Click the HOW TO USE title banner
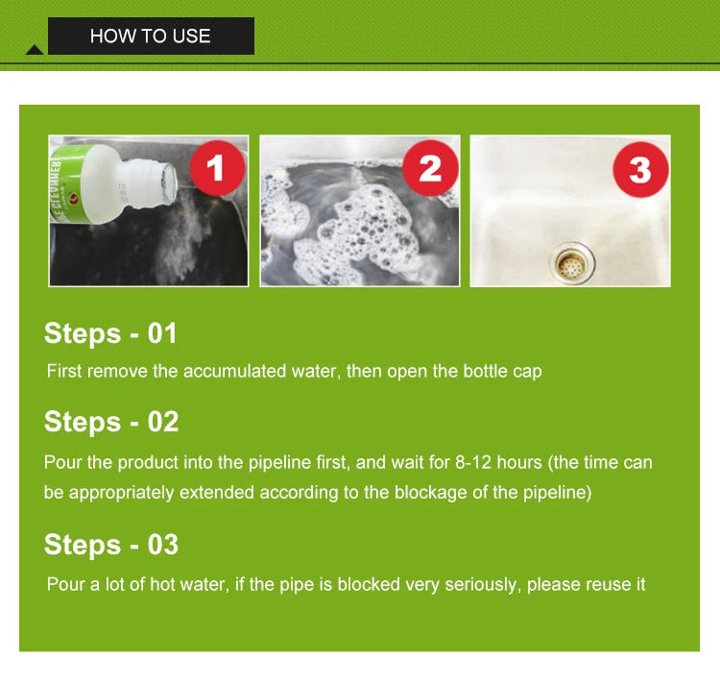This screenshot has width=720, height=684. (151, 36)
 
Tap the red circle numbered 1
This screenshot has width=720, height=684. (217, 168)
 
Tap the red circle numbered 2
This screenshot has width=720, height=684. (430, 168)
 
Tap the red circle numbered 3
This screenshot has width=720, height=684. (640, 169)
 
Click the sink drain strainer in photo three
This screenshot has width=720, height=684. (572, 263)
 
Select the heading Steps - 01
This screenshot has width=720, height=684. (110, 333)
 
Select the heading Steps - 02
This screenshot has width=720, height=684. (111, 422)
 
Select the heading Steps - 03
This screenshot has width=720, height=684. (111, 545)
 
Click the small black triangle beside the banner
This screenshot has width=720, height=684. (35, 50)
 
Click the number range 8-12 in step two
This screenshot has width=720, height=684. (473, 462)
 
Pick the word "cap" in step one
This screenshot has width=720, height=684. (527, 372)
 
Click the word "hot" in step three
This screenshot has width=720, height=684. (162, 584)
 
